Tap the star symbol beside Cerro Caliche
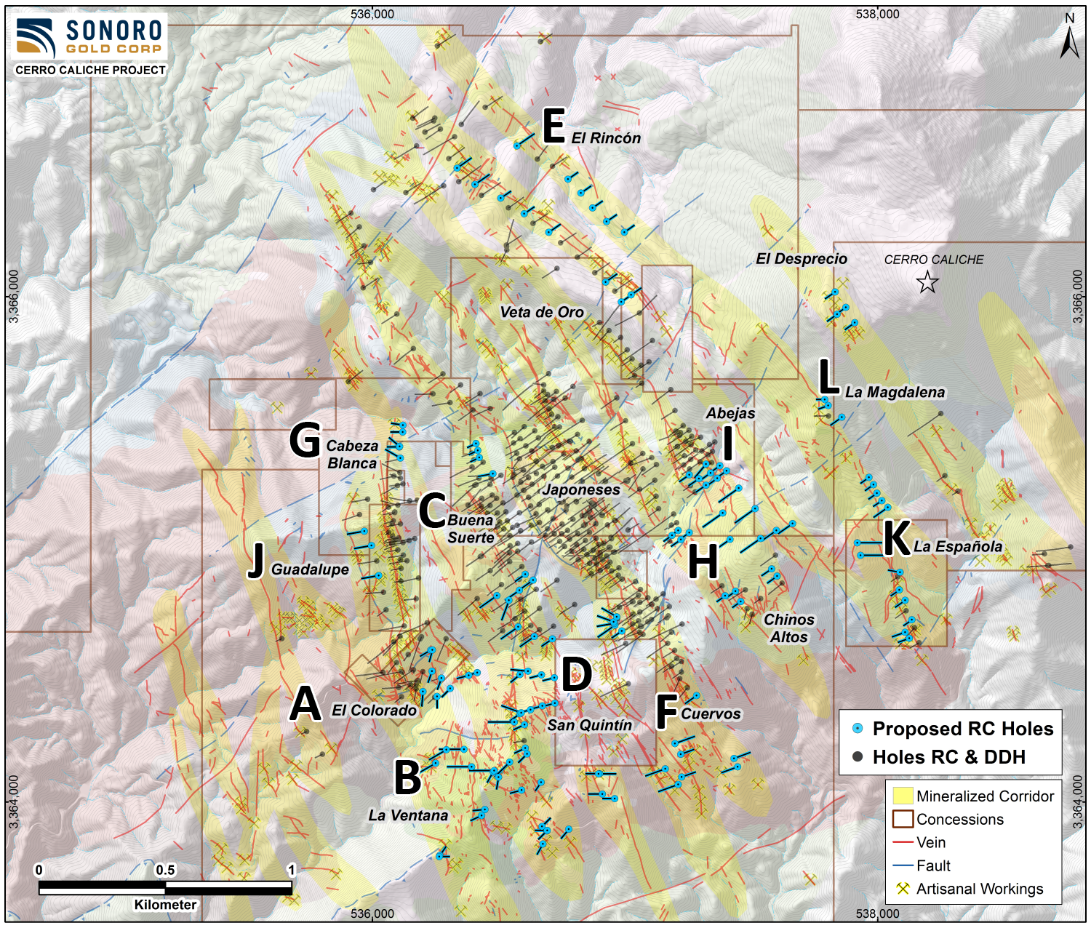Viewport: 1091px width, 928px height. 927,282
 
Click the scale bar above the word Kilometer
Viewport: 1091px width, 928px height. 165,887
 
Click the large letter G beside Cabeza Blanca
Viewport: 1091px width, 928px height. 305,441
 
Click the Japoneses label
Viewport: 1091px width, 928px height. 581,490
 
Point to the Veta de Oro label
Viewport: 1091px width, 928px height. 542,312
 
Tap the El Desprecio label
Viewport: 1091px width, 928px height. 802,259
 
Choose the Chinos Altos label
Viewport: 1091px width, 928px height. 789,628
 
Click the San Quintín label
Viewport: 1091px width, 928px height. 590,725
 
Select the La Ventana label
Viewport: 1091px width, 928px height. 408,815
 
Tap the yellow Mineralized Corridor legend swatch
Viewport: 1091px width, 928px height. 903,796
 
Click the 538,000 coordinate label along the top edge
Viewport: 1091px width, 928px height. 877,14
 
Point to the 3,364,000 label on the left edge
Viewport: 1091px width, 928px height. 14,801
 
